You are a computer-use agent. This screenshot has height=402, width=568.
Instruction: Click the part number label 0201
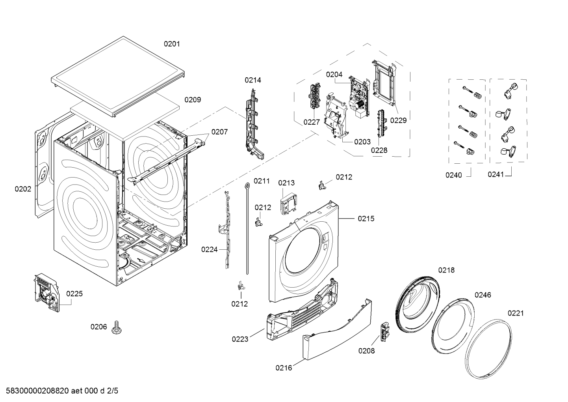(172, 44)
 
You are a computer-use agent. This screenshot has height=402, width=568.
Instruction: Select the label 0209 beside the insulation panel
(193, 100)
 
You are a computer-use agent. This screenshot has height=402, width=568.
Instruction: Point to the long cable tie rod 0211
(247, 228)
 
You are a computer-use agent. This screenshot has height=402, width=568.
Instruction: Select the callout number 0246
(483, 295)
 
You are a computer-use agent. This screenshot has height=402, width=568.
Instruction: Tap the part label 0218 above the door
(446, 270)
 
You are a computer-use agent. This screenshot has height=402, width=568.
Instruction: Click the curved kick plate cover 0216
(337, 330)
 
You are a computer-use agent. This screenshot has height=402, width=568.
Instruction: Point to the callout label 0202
(23, 189)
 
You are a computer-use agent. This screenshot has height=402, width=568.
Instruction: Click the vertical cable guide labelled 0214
(254, 124)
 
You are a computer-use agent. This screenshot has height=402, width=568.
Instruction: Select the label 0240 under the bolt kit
(454, 175)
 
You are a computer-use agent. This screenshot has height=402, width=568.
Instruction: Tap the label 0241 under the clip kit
(496, 174)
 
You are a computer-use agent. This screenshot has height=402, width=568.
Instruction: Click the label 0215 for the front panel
(366, 219)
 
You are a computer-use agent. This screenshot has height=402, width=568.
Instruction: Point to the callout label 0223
(240, 339)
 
